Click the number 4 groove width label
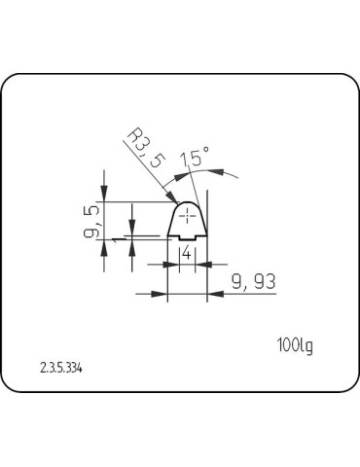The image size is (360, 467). pos(186,253)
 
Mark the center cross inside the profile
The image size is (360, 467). pos(188,214)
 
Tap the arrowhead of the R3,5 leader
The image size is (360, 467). pos(178,202)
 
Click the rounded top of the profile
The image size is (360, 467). pos(188,203)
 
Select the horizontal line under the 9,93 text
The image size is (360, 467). pos(243,293)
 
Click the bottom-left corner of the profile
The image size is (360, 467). pos(168,239)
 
